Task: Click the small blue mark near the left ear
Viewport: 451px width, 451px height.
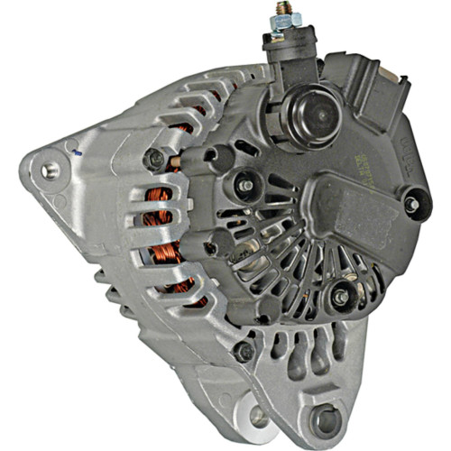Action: tap(78, 154)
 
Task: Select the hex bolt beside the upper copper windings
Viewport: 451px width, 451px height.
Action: tap(156, 159)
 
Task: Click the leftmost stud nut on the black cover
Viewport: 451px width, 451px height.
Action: tap(244, 185)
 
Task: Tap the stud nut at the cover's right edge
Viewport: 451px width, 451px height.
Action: tap(412, 205)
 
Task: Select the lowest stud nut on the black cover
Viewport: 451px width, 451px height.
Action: tap(340, 297)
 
